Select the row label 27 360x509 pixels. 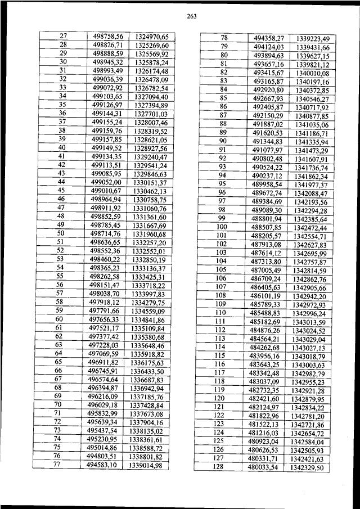point(63,36)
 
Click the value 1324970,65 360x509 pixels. point(152,37)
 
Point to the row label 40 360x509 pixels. point(62,147)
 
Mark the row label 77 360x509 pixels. point(57,465)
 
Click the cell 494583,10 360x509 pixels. point(102,465)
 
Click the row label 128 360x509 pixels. point(220,466)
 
